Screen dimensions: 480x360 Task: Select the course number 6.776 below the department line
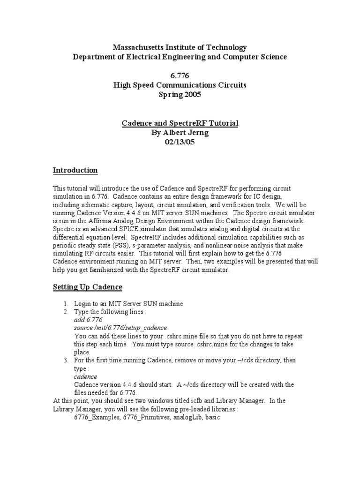[x=180, y=75]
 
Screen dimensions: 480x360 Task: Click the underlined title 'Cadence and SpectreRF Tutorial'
[x=180, y=123]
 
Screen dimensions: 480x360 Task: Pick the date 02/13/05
[x=180, y=142]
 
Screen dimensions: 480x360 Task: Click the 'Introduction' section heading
[x=75, y=170]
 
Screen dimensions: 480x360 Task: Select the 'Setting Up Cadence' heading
[x=87, y=287]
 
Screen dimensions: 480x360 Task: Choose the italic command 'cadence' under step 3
[x=86, y=376]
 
